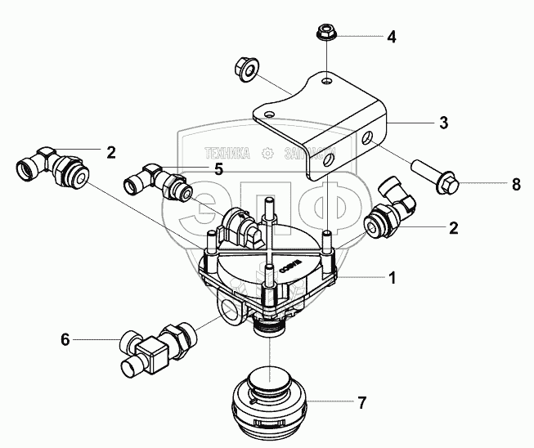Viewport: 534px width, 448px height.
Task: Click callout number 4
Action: [391, 37]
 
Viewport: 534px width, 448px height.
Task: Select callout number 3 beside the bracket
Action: [442, 123]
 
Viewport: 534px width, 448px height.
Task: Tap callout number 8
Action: [516, 185]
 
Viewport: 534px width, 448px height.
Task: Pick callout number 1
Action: [393, 278]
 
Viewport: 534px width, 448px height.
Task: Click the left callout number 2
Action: [110, 152]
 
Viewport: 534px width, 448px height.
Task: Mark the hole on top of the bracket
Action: [326, 81]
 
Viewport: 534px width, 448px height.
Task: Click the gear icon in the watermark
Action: [267, 152]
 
